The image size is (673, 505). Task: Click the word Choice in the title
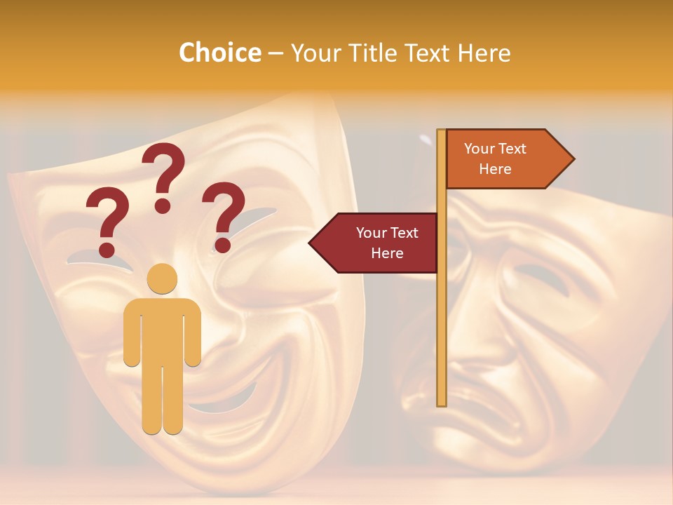(219, 53)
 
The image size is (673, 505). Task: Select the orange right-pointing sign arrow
(508, 159)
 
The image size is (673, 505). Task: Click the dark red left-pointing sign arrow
(375, 243)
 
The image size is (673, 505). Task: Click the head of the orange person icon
(163, 278)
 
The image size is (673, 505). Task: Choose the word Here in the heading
(484, 53)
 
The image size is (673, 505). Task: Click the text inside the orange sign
(495, 159)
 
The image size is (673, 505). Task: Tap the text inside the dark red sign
(387, 243)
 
